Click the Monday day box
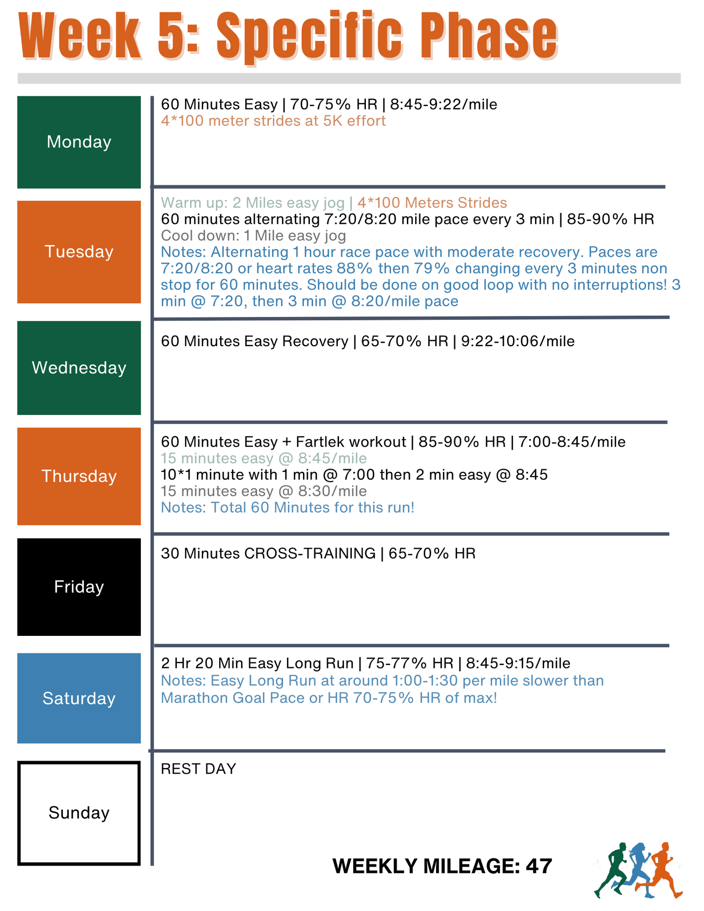(x=79, y=142)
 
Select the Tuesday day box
(x=79, y=252)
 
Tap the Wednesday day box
(x=79, y=368)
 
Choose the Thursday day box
(x=79, y=476)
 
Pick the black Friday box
(x=79, y=587)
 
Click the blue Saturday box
(x=79, y=698)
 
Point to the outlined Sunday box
(x=79, y=813)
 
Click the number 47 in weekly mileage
(x=539, y=866)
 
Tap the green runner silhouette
(x=612, y=869)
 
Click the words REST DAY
(x=198, y=769)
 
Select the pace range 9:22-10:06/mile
(x=518, y=341)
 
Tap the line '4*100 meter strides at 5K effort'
(x=273, y=121)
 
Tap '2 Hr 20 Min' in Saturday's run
(x=202, y=663)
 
